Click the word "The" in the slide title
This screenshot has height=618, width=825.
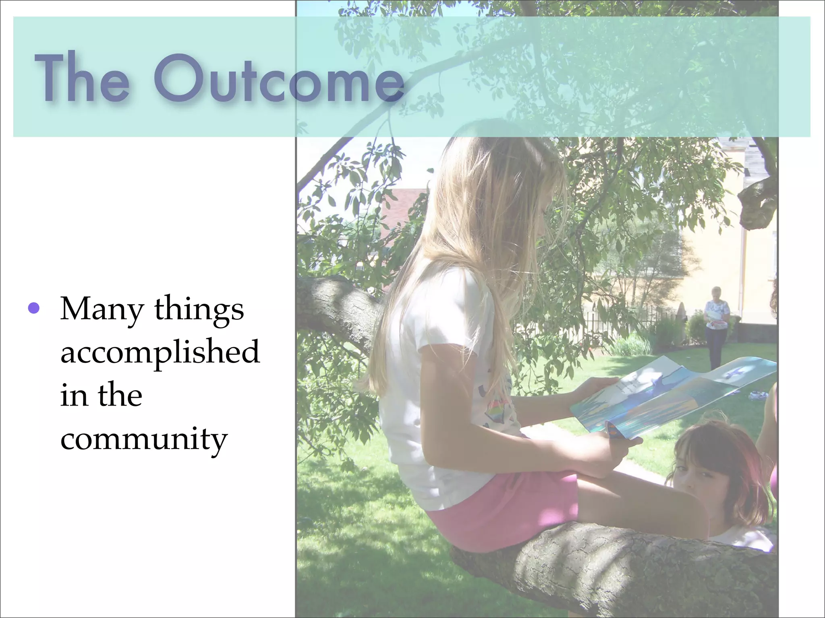(x=82, y=77)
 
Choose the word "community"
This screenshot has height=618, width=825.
(x=144, y=439)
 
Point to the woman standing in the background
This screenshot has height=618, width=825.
(x=716, y=326)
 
